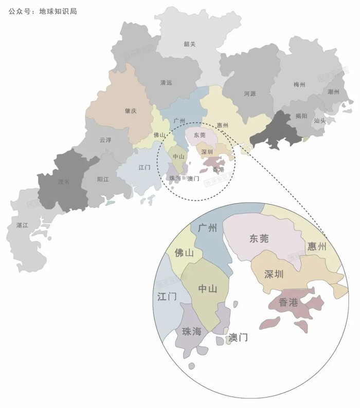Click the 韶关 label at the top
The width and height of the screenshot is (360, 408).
click(x=190, y=44)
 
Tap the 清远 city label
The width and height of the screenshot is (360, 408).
click(x=166, y=83)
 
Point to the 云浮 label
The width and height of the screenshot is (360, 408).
click(x=105, y=140)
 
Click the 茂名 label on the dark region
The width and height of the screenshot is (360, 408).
click(x=64, y=181)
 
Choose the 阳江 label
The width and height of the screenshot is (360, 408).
click(x=103, y=179)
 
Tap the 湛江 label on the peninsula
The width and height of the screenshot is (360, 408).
click(x=23, y=225)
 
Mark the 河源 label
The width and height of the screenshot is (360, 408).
click(x=250, y=94)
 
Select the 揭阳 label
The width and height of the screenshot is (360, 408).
click(x=301, y=116)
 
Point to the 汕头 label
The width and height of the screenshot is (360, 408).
click(x=319, y=121)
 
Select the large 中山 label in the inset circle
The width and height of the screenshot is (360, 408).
click(x=207, y=289)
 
